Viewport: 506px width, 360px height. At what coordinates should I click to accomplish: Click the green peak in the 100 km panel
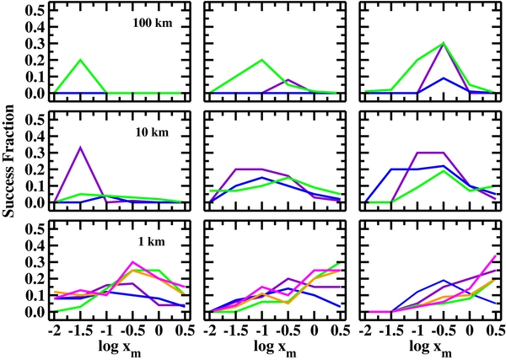[80, 60]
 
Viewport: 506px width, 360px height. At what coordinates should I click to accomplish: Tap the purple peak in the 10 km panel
[80, 147]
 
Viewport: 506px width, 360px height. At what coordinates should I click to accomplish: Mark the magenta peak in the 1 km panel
[133, 262]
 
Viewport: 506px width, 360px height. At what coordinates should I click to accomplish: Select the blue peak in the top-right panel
[444, 78]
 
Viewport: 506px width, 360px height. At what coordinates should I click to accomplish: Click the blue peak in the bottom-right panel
[444, 280]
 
